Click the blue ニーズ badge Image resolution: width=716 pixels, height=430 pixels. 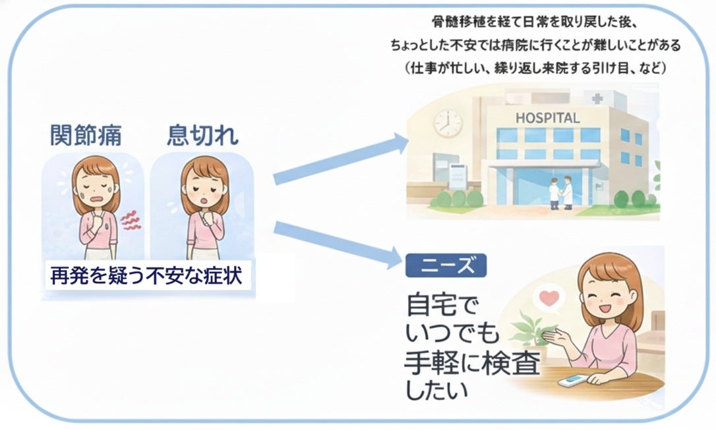click(x=446, y=265)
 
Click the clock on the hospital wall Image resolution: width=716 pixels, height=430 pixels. click(x=448, y=123)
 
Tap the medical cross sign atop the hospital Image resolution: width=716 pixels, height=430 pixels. click(x=597, y=99)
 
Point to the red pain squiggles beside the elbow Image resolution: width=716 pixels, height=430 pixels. click(x=131, y=221)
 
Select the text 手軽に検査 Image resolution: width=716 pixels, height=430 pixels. click(x=472, y=364)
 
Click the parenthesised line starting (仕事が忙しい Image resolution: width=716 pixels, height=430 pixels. click(x=535, y=68)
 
